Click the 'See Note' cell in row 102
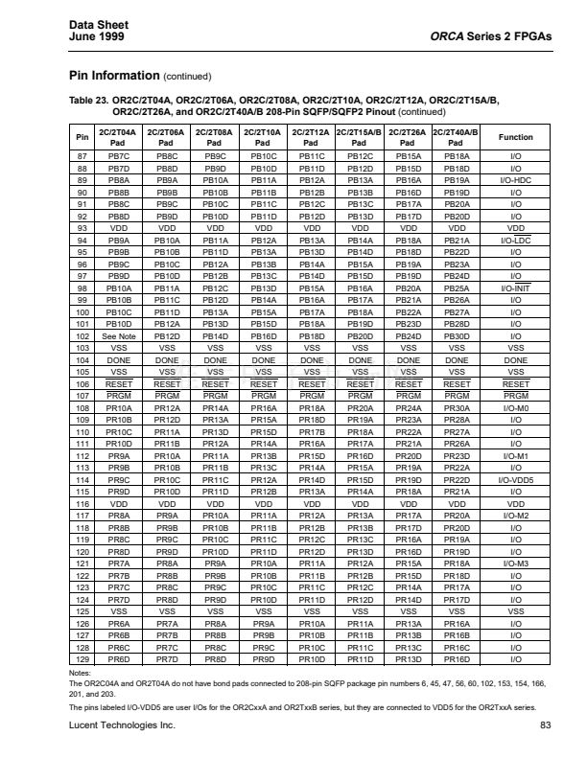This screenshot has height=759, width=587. click(x=119, y=336)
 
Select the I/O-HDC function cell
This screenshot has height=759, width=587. click(x=515, y=179)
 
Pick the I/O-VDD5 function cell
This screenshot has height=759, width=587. click(x=515, y=478)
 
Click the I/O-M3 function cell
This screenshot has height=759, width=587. click(x=515, y=564)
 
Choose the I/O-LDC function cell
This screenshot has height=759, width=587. click(x=515, y=240)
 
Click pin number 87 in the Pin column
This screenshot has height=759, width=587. click(x=82, y=154)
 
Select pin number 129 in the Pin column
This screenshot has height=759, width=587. click(x=82, y=659)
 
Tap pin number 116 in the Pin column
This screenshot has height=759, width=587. click(x=82, y=502)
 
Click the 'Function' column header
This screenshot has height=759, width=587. click(x=515, y=137)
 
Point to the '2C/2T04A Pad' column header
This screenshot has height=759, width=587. click(x=119, y=137)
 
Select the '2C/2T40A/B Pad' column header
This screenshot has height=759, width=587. click(x=457, y=137)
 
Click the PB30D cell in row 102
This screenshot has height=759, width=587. click(x=457, y=336)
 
